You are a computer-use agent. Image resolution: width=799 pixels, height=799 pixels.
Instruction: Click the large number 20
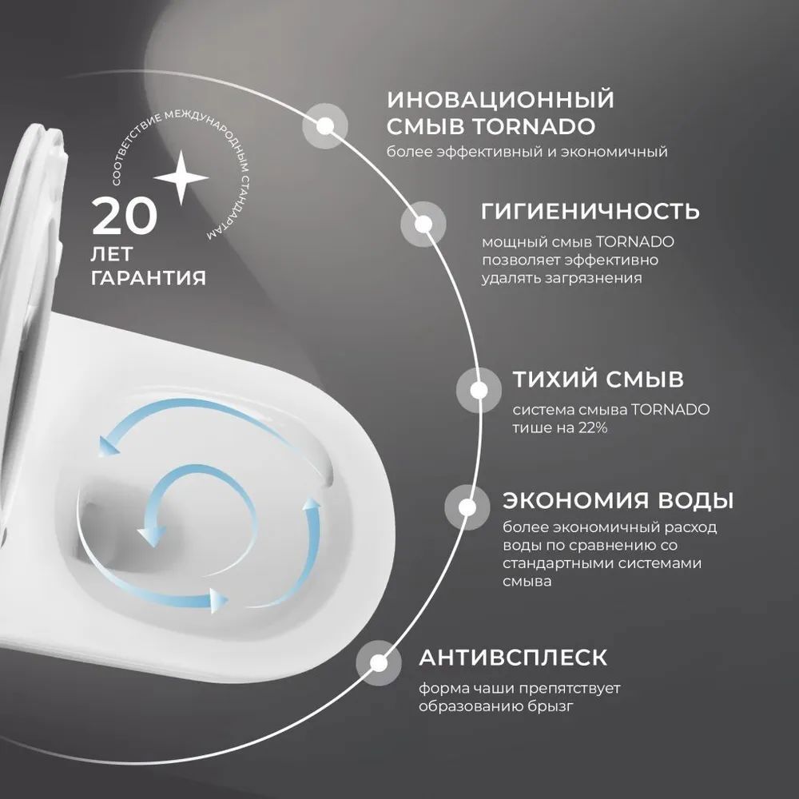125,216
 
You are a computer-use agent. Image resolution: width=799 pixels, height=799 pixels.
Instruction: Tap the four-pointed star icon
181,177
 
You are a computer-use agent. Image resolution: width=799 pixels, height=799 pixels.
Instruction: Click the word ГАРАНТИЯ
149,278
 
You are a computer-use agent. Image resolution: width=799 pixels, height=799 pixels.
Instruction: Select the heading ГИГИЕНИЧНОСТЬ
590,212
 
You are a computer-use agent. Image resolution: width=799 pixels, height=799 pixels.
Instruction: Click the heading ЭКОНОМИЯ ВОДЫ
618,501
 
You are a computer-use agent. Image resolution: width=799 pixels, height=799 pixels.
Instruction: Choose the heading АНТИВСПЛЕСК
513,658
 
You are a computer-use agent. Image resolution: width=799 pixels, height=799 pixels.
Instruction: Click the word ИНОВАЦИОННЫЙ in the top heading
501,101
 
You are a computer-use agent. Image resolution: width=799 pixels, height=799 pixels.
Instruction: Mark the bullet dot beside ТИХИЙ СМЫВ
479,390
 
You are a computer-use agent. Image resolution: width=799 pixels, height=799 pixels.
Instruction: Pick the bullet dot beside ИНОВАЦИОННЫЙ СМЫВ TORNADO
325,125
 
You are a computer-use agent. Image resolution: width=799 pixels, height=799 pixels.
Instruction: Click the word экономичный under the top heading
621,152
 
